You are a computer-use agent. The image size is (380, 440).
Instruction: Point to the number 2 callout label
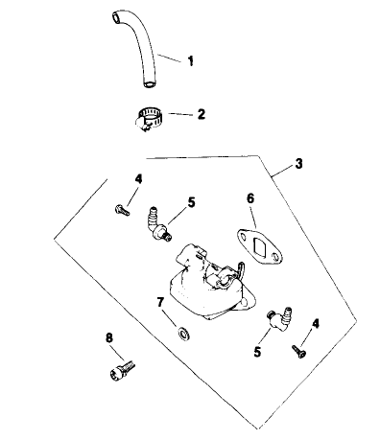click(x=201, y=114)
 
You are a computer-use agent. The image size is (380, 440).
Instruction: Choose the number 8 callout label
click(x=107, y=336)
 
